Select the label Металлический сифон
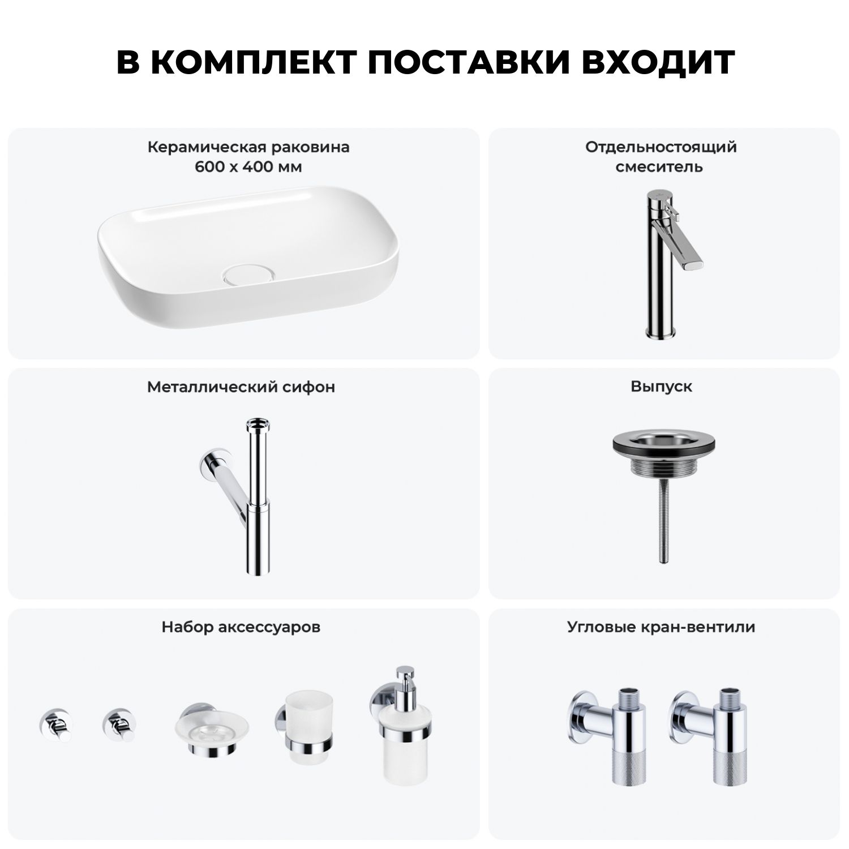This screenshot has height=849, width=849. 241,387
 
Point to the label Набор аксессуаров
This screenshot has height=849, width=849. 241,627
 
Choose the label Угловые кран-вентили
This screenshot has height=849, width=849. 662,627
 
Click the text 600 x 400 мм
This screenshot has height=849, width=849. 248,168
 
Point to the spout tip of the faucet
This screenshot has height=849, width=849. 693,263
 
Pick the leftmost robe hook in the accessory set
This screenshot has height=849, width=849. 55,724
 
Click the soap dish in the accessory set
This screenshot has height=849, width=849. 212,730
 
